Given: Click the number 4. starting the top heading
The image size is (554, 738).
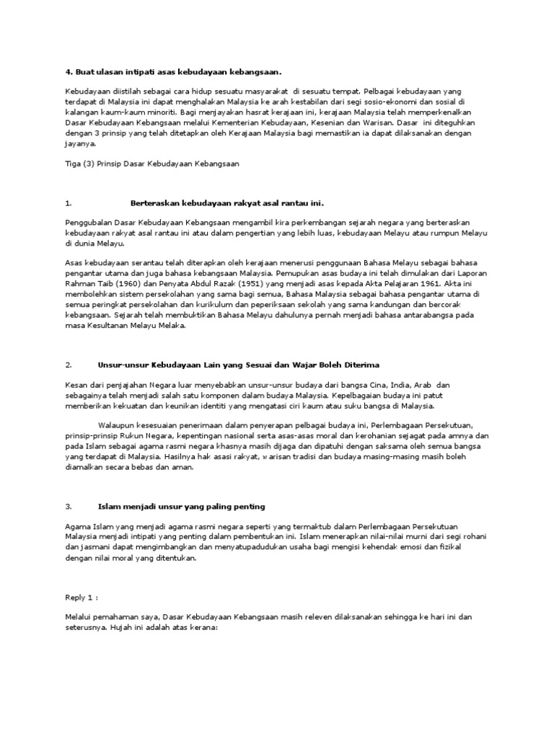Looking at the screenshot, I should click(x=69, y=71).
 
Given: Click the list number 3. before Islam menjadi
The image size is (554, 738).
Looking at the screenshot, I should click(x=68, y=507).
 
